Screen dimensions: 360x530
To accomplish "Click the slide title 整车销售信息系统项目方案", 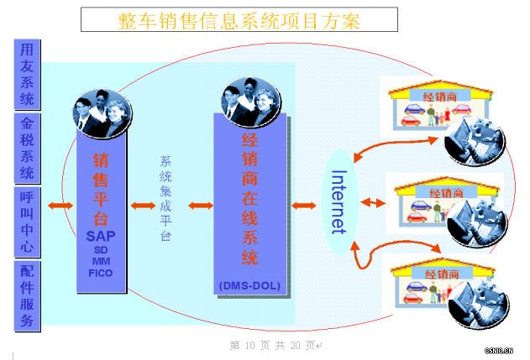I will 227,19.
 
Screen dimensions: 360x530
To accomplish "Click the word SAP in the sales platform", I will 101,236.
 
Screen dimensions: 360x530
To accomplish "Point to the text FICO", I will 101,273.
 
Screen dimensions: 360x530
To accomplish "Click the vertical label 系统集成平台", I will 165,199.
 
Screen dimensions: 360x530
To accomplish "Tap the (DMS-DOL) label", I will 249,285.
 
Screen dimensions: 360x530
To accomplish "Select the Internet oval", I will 338,201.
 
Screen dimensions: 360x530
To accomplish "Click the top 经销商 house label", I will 439,97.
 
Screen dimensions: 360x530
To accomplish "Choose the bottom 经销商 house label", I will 440,274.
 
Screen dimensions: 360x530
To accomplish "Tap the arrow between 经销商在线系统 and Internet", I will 303,205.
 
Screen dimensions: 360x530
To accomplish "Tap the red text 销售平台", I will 101,189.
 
